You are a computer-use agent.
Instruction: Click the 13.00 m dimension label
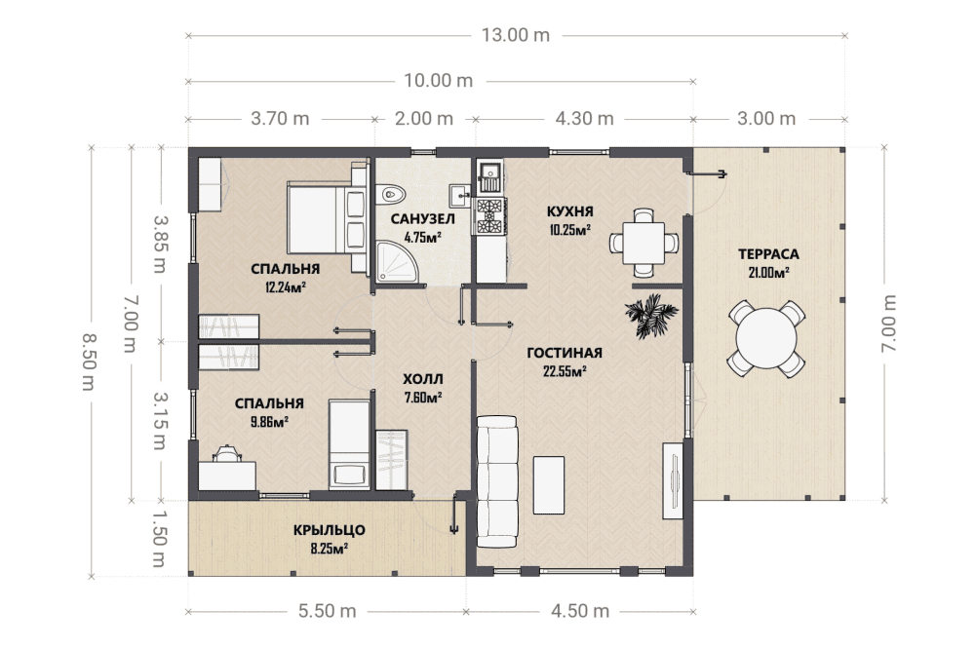tap(516, 35)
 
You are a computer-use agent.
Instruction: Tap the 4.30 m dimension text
tap(584, 119)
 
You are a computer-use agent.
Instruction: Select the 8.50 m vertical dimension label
tap(90, 362)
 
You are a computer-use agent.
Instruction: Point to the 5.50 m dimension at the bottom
tap(327, 611)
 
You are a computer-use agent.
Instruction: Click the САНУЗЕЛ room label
tap(423, 218)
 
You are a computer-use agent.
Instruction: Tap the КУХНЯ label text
tap(570, 211)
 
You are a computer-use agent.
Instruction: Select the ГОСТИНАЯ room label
tap(565, 353)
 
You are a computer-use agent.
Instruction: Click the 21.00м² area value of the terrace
tap(768, 272)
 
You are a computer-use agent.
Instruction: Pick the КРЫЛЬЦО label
tap(329, 530)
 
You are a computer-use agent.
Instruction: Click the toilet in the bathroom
tap(391, 195)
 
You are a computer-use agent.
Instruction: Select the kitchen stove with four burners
tap(489, 216)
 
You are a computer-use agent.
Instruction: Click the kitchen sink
tap(489, 176)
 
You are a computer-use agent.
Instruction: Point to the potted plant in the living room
tap(650, 315)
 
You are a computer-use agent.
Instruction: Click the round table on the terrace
tap(766, 339)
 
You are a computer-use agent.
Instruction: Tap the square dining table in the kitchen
tap(643, 243)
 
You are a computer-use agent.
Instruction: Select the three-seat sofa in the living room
tap(497, 481)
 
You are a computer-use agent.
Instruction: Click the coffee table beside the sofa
tap(549, 485)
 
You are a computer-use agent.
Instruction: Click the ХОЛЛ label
tap(423, 379)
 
